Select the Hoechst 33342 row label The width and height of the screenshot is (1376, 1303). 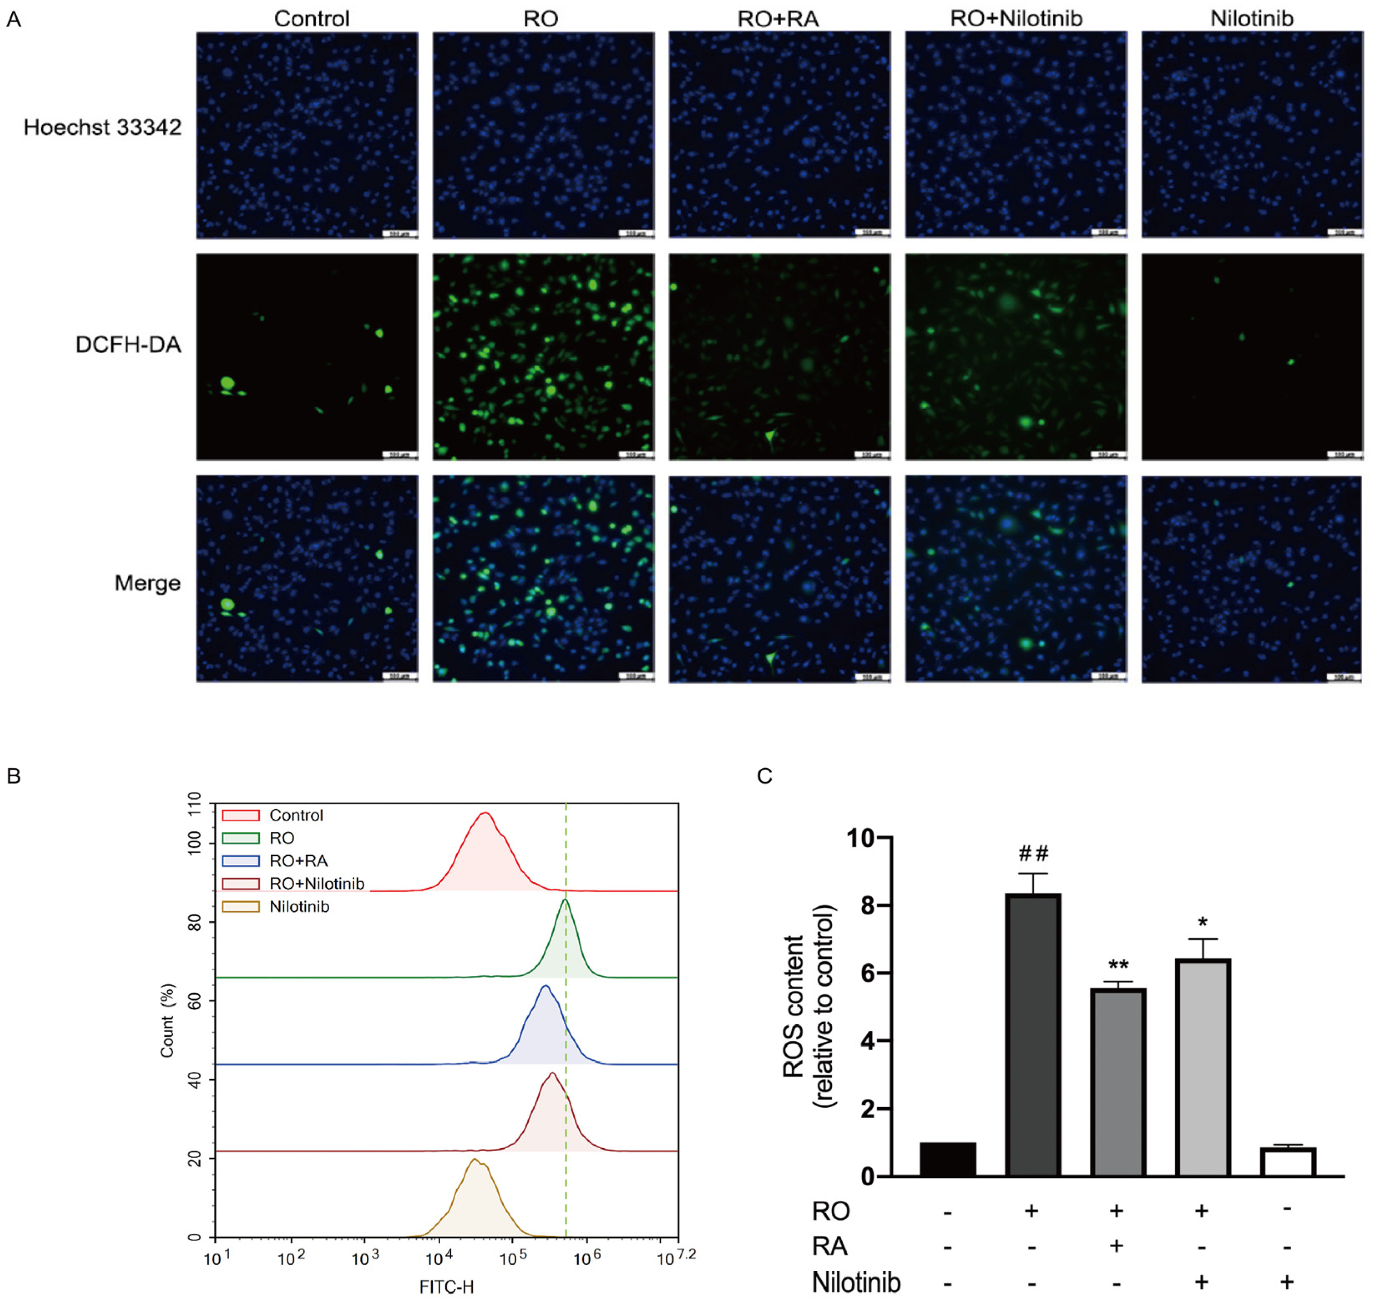click(x=102, y=127)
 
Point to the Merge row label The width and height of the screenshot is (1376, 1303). click(x=147, y=583)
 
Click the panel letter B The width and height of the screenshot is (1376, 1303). click(x=14, y=776)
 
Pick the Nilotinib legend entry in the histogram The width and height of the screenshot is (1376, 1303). click(x=299, y=907)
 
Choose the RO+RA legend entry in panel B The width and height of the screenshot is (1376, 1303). click(x=298, y=861)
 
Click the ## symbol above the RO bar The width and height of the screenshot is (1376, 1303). click(x=1033, y=854)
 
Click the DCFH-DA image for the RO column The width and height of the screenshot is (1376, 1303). click(x=543, y=356)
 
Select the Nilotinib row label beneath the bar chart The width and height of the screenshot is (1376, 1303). click(x=856, y=1282)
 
